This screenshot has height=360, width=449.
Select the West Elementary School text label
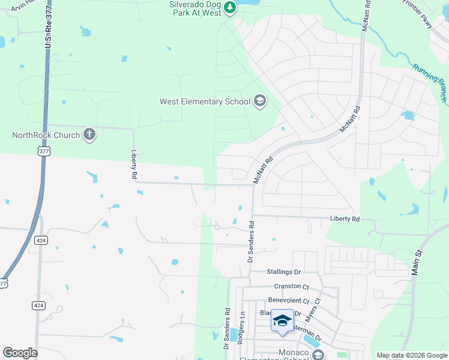coord(205,101)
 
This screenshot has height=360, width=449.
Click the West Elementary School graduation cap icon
coord(260,101)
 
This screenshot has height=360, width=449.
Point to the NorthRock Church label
coord(46,135)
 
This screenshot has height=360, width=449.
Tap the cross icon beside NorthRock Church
coord(89,134)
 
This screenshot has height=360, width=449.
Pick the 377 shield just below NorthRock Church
coord(43,152)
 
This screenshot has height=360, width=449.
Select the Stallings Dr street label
coord(283,272)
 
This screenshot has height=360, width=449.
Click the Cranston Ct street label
coord(291,286)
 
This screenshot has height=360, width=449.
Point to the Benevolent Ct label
coord(288,300)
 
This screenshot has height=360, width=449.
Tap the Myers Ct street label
coord(318,310)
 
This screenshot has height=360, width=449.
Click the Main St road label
coord(415,263)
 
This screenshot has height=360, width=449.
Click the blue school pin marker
coord(282,322)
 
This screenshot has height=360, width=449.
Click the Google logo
coord(20,353)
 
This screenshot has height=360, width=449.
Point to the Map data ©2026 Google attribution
coord(411,355)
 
